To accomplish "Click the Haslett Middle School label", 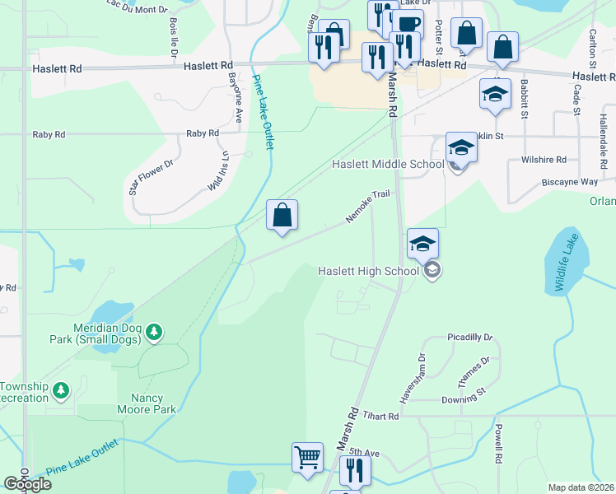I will (x=387, y=165).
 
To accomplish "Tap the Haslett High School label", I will (x=371, y=271).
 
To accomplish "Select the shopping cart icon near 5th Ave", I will (x=307, y=458).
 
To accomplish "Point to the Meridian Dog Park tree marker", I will (x=154, y=333).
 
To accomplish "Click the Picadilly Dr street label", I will (x=469, y=338).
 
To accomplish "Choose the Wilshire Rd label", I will (x=544, y=160).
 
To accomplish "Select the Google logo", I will (x=28, y=483).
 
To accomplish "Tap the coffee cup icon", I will (x=407, y=25).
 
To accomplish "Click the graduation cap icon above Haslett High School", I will (x=422, y=244).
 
